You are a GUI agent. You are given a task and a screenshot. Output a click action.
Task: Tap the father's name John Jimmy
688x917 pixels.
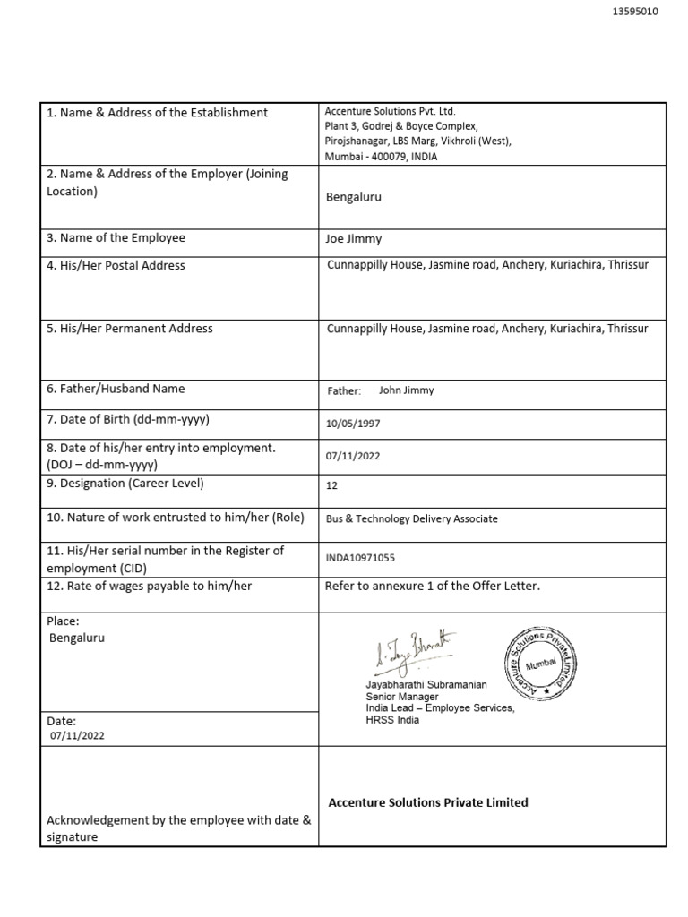tap(406, 390)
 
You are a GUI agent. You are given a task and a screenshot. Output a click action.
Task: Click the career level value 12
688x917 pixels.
tap(332, 485)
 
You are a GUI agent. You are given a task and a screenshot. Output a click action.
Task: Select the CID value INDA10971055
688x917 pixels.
tap(360, 558)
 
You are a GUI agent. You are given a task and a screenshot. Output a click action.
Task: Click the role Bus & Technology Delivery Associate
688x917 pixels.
tap(412, 518)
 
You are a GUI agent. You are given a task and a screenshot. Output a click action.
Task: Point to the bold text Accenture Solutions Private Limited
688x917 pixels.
tap(428, 802)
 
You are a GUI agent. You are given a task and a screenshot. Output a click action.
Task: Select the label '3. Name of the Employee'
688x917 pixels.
tap(116, 238)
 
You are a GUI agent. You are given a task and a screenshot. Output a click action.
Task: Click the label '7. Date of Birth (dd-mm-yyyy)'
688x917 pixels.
tap(128, 420)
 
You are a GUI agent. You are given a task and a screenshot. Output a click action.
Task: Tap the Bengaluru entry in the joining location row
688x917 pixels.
tap(354, 197)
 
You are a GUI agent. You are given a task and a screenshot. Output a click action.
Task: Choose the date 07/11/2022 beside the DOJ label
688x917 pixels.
tap(353, 456)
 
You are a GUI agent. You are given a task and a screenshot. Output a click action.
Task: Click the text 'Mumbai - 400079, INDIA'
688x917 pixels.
tap(381, 157)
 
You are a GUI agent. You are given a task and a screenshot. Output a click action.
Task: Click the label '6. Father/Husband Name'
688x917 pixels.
tap(116, 389)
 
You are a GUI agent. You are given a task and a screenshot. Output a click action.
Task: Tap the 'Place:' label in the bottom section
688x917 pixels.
tap(63, 621)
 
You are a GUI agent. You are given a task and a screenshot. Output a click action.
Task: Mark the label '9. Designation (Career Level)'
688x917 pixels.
tap(125, 484)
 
